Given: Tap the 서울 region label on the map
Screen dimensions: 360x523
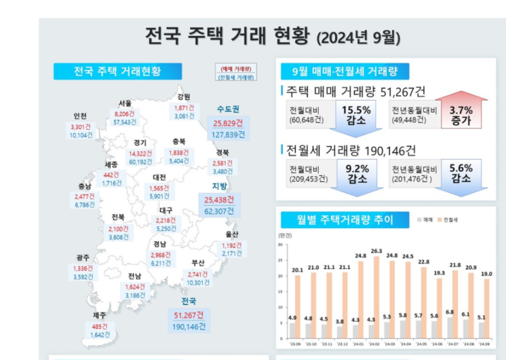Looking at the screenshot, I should point(125,102).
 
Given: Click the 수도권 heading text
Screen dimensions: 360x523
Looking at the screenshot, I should point(227,109).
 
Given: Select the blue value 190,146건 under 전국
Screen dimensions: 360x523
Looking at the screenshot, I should point(190,326).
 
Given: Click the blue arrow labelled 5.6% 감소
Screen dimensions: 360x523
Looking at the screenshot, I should point(461,173).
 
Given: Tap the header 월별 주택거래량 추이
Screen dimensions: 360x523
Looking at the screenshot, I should point(344,220).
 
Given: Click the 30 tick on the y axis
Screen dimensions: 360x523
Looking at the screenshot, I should point(281,244).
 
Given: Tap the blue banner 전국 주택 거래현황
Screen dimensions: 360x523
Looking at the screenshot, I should point(118,71).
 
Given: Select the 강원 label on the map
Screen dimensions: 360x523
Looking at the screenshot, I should point(184,97).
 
